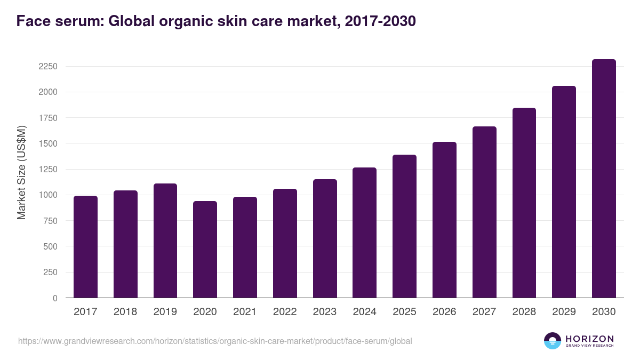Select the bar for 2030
point(604,179)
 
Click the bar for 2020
point(205,250)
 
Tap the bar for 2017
point(85,247)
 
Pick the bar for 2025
point(404,226)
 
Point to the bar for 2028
point(524,203)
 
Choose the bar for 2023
point(325,238)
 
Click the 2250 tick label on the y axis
point(47,67)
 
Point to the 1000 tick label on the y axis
point(47,195)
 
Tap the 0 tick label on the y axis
point(55,298)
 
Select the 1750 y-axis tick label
point(47,118)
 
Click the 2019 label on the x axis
point(165,312)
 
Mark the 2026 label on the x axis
point(444,312)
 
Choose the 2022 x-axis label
point(285,312)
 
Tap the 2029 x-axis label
point(564,312)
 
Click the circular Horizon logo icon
point(553,341)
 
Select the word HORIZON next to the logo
point(589,338)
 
